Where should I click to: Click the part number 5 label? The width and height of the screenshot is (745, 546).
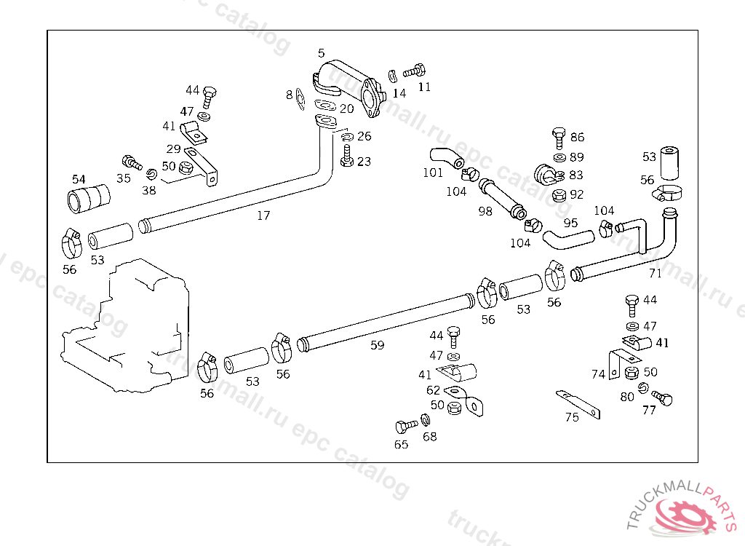tap(322, 53)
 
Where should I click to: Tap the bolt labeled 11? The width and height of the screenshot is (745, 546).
tap(414, 71)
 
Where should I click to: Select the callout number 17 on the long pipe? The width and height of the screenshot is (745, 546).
tap(263, 215)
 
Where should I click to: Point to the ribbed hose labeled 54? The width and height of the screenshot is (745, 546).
tap(89, 199)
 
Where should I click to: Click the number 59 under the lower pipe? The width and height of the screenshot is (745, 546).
tap(378, 345)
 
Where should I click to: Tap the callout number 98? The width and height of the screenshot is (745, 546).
tap(485, 211)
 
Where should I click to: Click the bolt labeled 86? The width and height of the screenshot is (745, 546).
tap(559, 138)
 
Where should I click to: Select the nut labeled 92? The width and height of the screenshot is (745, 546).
tap(559, 195)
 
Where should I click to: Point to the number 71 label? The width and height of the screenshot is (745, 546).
tap(656, 273)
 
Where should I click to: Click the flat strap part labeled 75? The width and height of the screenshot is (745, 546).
tap(578, 405)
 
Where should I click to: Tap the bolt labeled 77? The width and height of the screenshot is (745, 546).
tap(662, 397)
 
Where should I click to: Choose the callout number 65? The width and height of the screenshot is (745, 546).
tap(401, 444)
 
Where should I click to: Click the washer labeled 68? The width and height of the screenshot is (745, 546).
tap(426, 419)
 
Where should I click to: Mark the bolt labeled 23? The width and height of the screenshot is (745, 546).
tap(347, 156)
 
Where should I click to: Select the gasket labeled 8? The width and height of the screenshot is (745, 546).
tap(300, 100)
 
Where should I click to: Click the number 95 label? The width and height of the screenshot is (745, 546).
tap(570, 223)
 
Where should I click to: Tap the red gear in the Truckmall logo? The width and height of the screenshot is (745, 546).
tap(685, 515)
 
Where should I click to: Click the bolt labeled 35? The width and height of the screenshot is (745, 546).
tap(132, 162)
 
